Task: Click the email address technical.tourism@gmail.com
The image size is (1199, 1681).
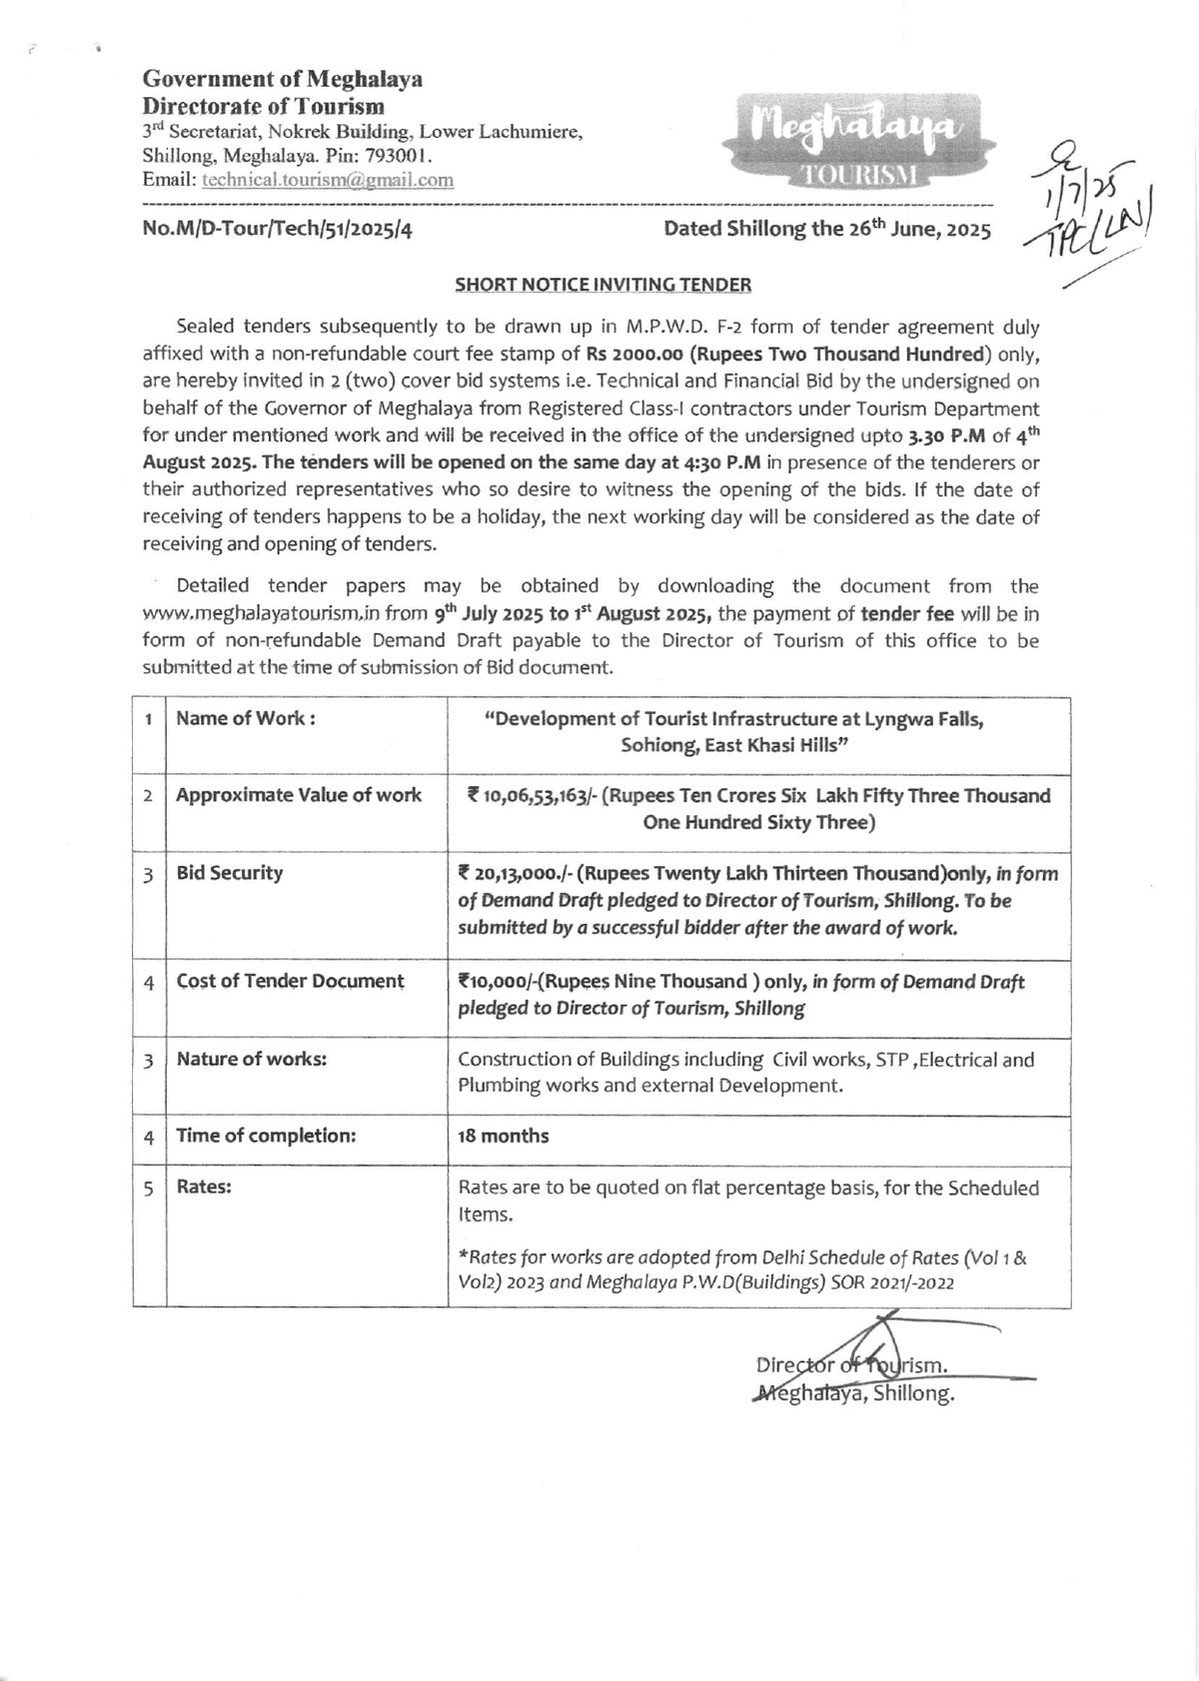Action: (x=328, y=181)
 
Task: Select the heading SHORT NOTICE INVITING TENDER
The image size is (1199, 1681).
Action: (x=602, y=285)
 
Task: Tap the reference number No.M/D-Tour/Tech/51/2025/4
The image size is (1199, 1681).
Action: (x=278, y=230)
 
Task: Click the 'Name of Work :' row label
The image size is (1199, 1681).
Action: (x=246, y=719)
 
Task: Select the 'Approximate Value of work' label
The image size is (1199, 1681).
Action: (x=299, y=796)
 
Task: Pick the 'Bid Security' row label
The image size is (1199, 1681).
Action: (x=230, y=874)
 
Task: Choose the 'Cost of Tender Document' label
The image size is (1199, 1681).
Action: (x=290, y=982)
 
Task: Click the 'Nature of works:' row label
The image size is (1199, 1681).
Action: (x=251, y=1060)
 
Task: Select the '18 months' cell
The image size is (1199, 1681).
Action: (x=504, y=1137)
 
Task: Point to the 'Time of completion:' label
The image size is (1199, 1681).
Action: (x=266, y=1137)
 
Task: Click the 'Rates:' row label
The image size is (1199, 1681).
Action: (x=204, y=1188)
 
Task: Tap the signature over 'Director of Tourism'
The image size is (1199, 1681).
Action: (x=879, y=1358)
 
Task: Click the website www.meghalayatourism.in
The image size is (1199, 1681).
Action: (x=261, y=614)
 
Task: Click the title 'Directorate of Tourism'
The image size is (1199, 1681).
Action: (x=264, y=106)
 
